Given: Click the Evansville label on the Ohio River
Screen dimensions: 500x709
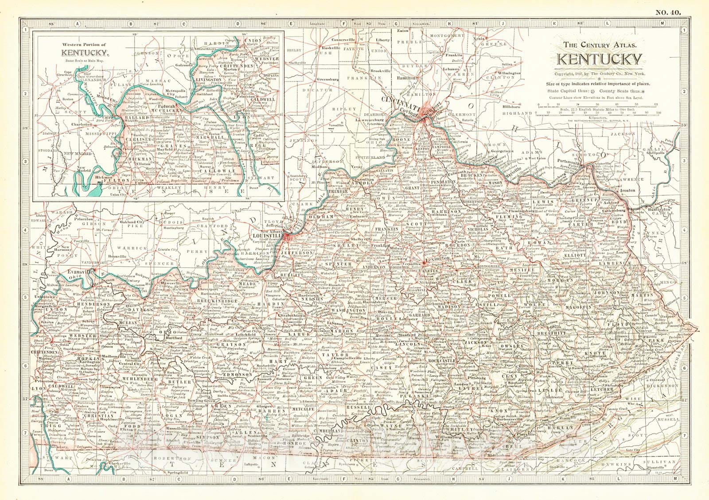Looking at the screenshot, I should pyautogui.click(x=80, y=271).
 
